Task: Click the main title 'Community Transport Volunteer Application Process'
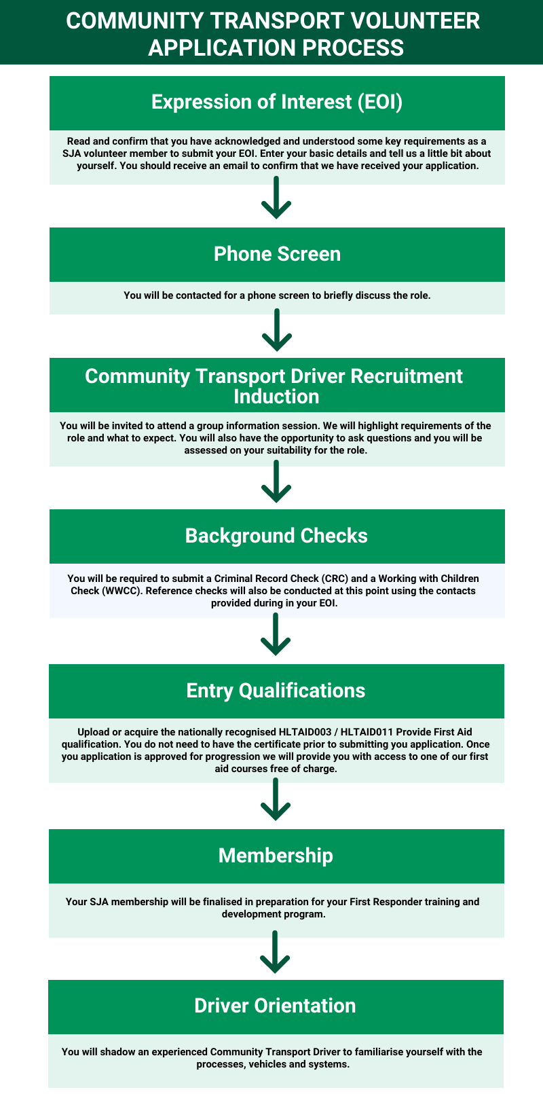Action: tap(273, 34)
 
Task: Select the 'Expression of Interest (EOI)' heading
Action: tap(277, 102)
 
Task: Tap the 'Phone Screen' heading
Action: tap(277, 254)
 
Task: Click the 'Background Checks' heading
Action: tap(276, 536)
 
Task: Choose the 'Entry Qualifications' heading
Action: tap(276, 691)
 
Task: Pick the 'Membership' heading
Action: tap(276, 856)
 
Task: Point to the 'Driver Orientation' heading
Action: tap(275, 1006)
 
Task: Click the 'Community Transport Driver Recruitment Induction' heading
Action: tap(274, 386)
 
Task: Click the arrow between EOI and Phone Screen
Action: tap(276, 198)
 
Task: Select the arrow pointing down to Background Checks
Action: tap(276, 482)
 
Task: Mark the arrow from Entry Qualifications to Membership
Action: tap(276, 800)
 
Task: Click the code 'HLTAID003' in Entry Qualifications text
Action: tap(305, 732)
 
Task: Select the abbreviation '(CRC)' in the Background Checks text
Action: tap(335, 579)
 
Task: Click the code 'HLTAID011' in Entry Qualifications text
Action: tap(367, 732)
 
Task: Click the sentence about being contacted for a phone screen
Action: tap(277, 295)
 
